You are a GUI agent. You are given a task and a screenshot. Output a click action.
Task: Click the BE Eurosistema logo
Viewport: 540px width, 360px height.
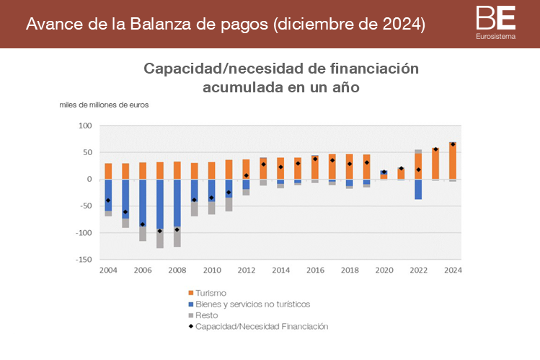(496, 22)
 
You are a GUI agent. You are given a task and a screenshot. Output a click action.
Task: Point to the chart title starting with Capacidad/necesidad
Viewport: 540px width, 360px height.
(281, 78)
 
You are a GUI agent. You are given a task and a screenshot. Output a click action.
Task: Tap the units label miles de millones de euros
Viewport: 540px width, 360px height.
(105, 105)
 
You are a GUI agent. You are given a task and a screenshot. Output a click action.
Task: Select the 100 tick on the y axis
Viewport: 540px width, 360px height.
(86, 126)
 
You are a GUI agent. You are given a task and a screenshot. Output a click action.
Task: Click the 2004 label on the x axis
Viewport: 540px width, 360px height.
(108, 270)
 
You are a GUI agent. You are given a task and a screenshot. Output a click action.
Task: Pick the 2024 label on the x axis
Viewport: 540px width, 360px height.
(453, 270)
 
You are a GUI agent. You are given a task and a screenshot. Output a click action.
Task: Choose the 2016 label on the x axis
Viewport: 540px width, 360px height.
(315, 270)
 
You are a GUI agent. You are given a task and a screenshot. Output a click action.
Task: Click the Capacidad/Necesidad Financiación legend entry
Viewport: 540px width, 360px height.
(258, 327)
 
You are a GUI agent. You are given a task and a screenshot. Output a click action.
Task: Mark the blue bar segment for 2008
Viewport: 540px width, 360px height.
(177, 203)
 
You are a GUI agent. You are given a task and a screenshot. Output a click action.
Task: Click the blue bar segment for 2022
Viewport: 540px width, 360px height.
(418, 189)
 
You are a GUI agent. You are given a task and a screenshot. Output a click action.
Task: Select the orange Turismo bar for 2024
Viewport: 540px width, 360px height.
(453, 160)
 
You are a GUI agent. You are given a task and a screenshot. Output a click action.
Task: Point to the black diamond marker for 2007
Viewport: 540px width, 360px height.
(160, 231)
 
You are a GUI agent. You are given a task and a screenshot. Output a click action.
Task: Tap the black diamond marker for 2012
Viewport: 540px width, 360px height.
(246, 175)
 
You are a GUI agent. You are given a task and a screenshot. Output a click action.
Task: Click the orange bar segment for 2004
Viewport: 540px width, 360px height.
(108, 171)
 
